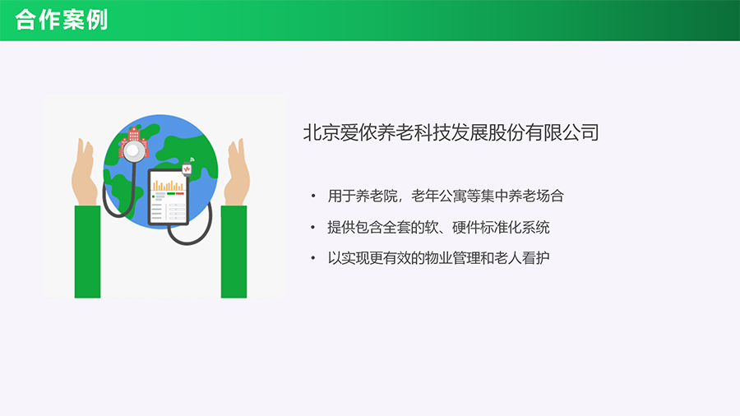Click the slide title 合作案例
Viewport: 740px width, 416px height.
coord(62,20)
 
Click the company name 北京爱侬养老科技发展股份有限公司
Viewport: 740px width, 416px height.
coord(451,132)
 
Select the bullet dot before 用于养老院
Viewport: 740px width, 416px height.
coord(313,196)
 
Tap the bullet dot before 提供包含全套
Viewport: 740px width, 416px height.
coord(313,228)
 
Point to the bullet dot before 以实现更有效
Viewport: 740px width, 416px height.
coord(313,258)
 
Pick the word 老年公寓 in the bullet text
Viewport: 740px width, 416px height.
coord(438,196)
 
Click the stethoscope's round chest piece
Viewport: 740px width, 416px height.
coord(133,150)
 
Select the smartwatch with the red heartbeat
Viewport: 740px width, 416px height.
coord(187,169)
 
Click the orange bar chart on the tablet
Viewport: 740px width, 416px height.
coord(168,185)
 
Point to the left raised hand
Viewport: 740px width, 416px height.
coord(85,172)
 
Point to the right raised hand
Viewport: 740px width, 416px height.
coord(238,172)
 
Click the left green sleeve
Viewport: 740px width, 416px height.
coord(88,252)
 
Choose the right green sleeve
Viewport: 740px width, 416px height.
coord(234,252)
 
